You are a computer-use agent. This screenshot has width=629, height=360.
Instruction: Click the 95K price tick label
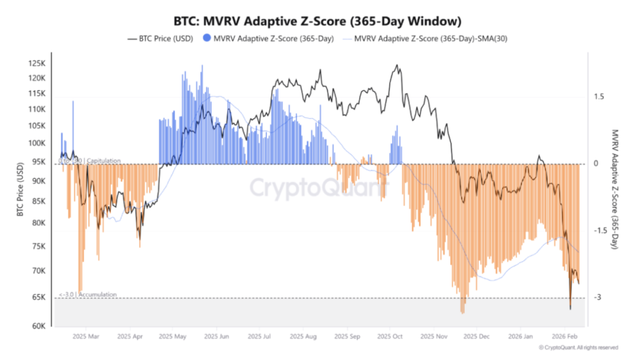coord(39,162)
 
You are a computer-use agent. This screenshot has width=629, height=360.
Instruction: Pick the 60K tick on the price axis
coord(38,326)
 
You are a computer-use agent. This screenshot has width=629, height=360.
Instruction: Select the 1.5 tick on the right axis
coord(598,96)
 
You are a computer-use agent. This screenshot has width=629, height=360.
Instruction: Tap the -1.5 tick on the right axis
coord(599,230)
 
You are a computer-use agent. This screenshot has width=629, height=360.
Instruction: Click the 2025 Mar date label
coord(85,337)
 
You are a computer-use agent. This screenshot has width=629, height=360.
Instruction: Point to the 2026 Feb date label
coord(563,337)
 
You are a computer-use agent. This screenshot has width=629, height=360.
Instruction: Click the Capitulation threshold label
coord(90,161)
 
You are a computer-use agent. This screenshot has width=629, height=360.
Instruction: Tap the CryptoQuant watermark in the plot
coord(318,186)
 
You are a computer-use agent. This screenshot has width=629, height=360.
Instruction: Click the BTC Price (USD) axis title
coord(20,193)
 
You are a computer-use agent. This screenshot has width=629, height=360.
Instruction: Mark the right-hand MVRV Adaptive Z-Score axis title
coord(614,189)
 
